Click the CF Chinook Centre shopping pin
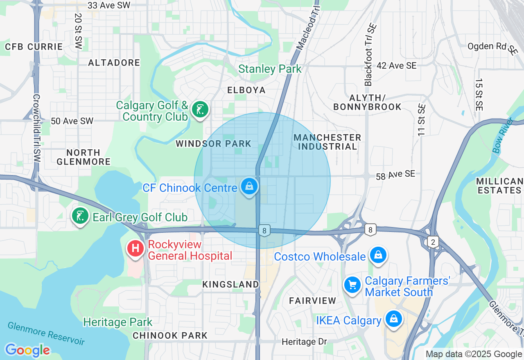pyautogui.click(x=249, y=187)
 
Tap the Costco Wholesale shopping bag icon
pyautogui.click(x=378, y=255)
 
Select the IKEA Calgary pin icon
pyautogui.click(x=394, y=319)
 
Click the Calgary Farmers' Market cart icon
pyautogui.click(x=352, y=285)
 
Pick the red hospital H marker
pyautogui.click(x=136, y=248)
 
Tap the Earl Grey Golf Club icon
pyautogui.click(x=81, y=216)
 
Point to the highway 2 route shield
pyautogui.click(x=433, y=242)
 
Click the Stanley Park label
pyautogui.click(x=270, y=69)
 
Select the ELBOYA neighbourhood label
pyautogui.click(x=246, y=90)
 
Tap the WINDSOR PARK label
pyautogui.click(x=213, y=144)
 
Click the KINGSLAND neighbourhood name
pyautogui.click(x=231, y=284)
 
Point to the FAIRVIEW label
pyautogui.click(x=313, y=301)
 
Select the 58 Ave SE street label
pyautogui.click(x=395, y=175)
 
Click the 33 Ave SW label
pyautogui.click(x=109, y=5)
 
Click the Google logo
pyautogui.click(x=27, y=350)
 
